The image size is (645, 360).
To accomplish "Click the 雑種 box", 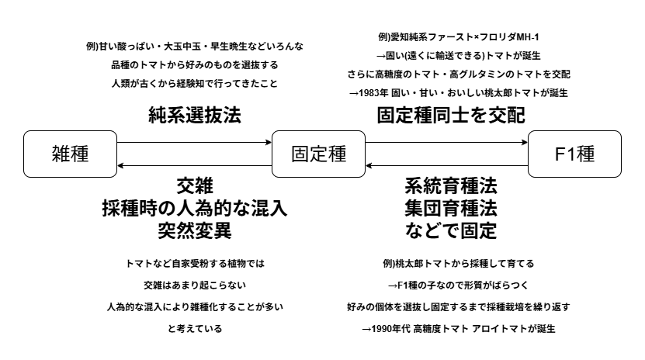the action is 71,154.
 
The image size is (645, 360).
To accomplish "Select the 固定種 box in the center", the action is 318,154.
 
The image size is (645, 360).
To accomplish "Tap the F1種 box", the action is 574,154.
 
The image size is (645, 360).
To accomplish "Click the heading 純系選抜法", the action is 195,115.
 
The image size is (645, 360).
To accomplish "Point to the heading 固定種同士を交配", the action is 451,115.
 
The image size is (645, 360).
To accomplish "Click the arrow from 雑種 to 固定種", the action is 194,143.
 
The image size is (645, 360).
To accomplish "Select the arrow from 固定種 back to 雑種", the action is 194,165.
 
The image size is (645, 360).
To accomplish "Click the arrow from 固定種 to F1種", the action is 446,143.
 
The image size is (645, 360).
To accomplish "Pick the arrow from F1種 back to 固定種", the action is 446,165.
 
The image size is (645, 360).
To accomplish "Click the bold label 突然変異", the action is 195,230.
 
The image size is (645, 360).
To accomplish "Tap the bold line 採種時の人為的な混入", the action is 195,209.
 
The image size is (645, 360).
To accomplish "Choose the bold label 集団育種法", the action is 451,209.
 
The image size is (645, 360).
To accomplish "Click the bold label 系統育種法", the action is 451,186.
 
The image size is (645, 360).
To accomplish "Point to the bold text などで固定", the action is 451,230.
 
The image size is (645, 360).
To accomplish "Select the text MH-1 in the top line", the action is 527,37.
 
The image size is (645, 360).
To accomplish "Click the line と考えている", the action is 195,329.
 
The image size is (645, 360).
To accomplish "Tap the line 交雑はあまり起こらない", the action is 195,286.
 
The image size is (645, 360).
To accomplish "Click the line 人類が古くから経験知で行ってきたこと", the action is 195,84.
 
